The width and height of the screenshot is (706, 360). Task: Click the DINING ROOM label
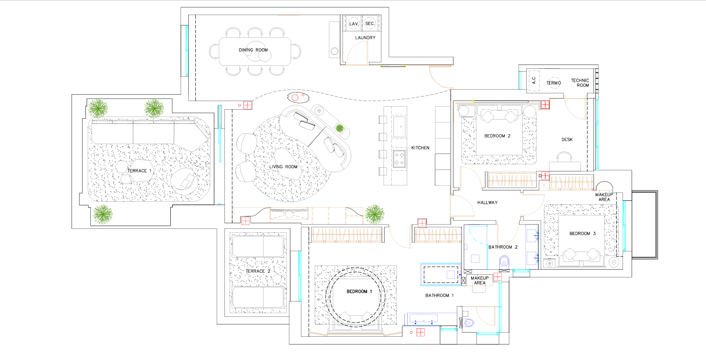click(x=253, y=50)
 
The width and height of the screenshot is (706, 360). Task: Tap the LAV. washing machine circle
click(x=353, y=24)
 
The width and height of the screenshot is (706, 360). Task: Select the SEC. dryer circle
click(x=370, y=24)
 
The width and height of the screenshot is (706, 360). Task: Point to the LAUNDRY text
click(x=365, y=38)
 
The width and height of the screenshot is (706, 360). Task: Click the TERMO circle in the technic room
click(x=553, y=83)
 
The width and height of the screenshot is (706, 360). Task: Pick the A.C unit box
click(x=534, y=81)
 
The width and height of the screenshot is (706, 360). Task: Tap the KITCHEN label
click(x=420, y=148)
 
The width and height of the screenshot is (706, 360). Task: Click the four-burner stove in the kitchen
click(x=399, y=159)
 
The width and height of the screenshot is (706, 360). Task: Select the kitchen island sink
click(x=399, y=127)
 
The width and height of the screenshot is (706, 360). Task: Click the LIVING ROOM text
click(x=283, y=167)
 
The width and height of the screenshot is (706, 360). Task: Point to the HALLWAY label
click(x=487, y=203)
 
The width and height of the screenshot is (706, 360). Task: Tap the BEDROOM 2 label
click(x=497, y=136)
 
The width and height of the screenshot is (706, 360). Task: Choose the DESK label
click(x=567, y=140)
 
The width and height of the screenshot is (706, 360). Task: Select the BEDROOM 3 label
click(x=583, y=234)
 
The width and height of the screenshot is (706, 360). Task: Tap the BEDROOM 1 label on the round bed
click(x=359, y=292)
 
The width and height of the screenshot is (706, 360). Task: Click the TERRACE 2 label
click(x=258, y=271)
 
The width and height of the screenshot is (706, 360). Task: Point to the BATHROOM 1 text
click(x=439, y=295)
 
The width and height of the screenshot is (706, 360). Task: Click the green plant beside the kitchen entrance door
click(x=374, y=214)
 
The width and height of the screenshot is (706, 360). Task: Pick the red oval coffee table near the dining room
click(x=298, y=97)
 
